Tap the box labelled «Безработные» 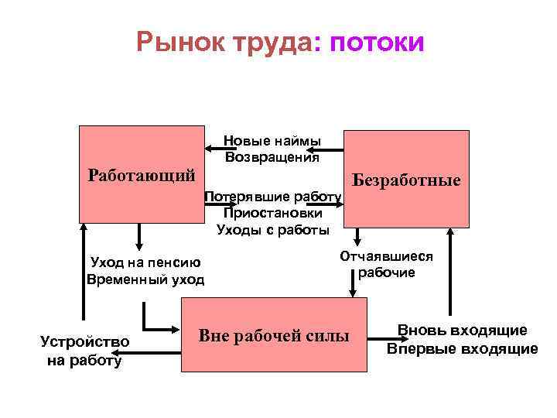tap(406, 179)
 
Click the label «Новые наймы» tap(272, 141)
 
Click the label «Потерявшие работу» tap(272, 197)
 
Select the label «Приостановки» tap(272, 213)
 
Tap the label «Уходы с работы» tap(272, 229)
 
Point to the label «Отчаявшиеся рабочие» tap(386, 264)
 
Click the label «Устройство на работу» tap(84, 351)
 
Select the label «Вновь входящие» tap(463, 331)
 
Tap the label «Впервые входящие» tap(463, 348)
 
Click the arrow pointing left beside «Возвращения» tap(323, 149)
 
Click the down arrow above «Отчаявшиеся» tap(358, 236)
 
